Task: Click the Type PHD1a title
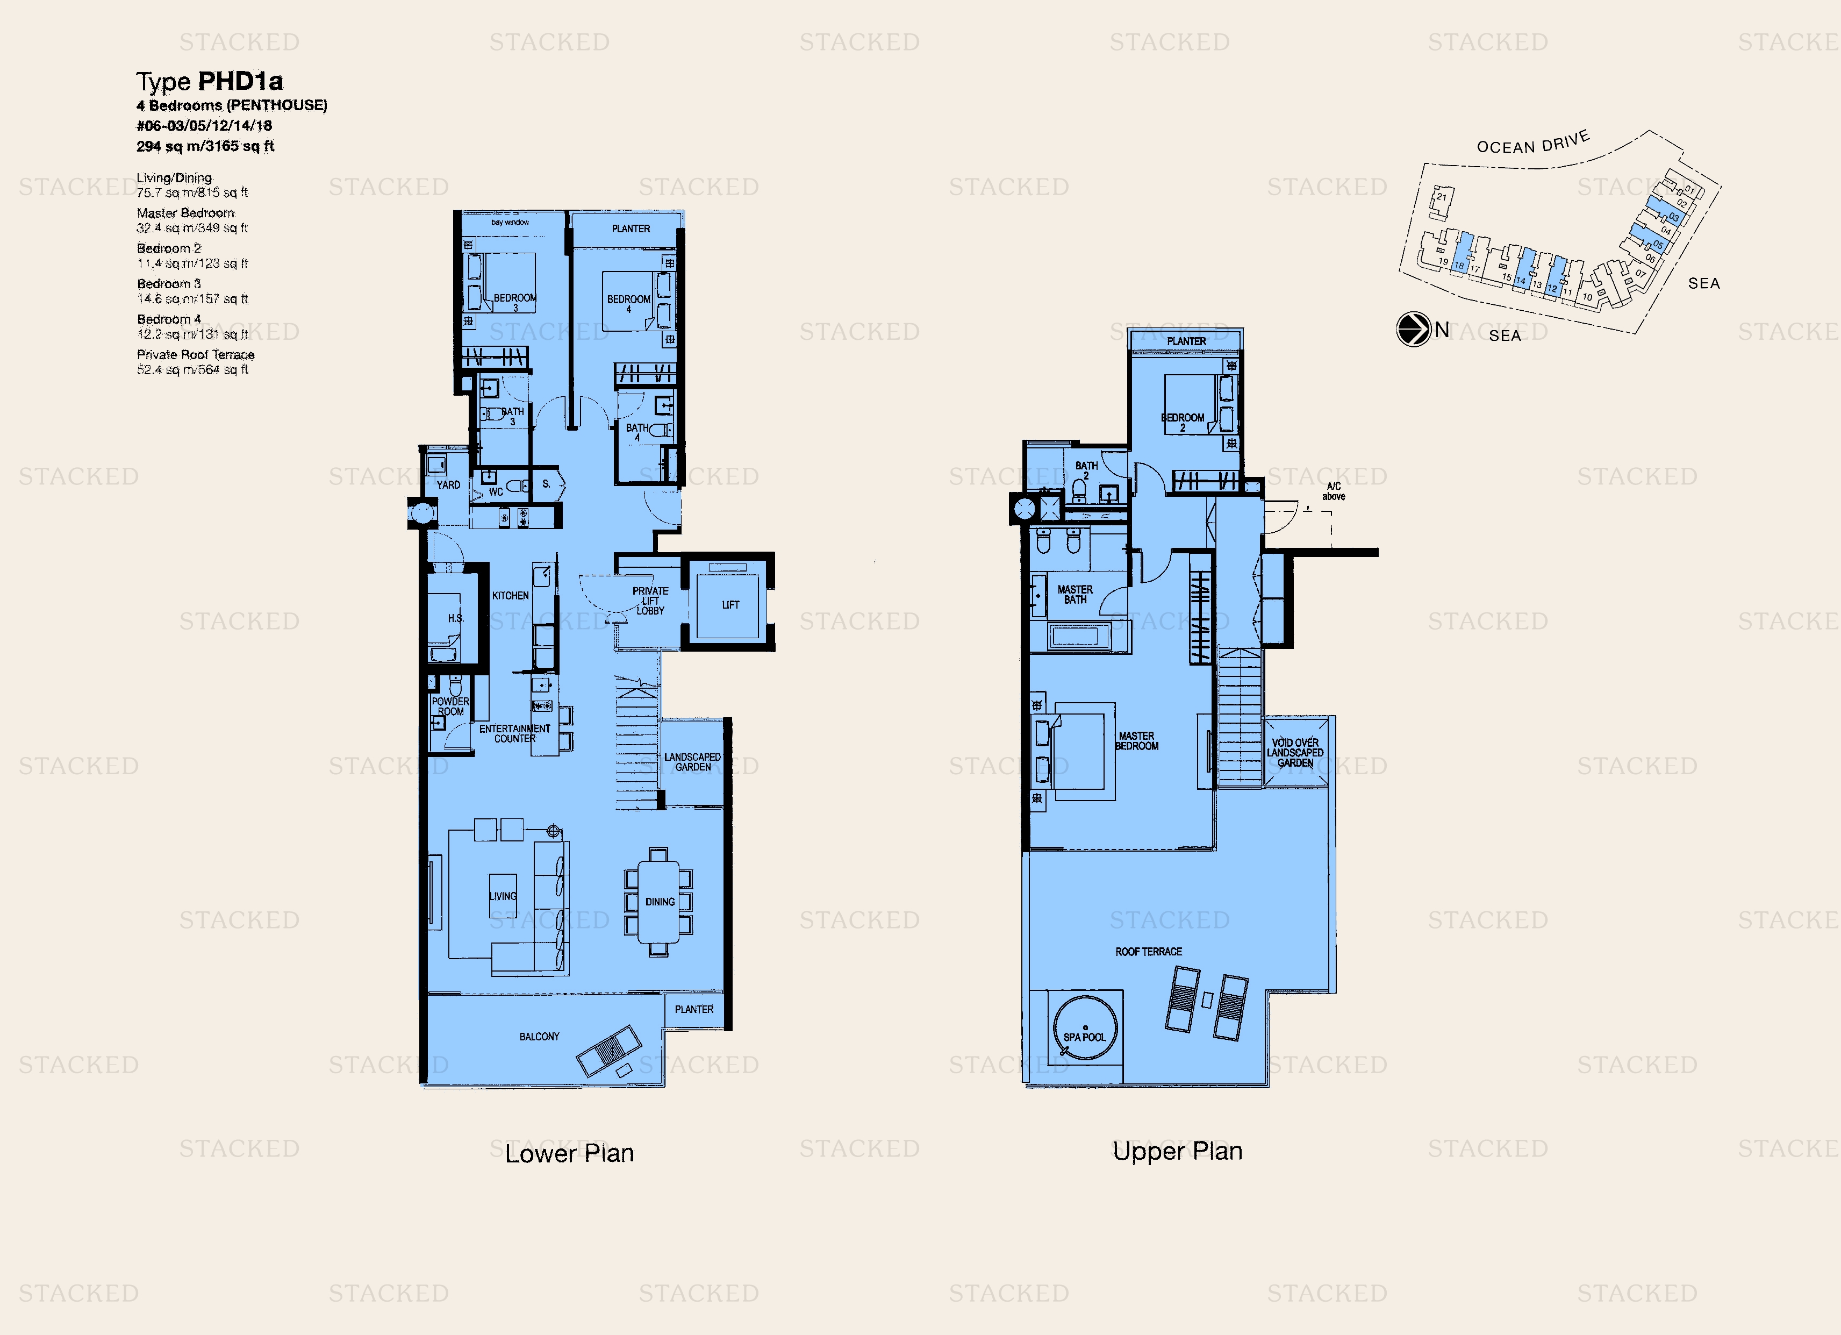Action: pos(210,81)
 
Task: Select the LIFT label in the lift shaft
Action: pos(730,605)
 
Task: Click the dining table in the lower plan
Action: pos(658,901)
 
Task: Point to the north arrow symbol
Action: pos(1413,330)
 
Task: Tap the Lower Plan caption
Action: pos(569,1153)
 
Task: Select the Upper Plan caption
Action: pos(1177,1151)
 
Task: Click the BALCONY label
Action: pos(539,1037)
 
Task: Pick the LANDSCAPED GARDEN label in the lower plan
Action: pos(692,762)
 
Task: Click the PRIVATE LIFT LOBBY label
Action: pos(650,601)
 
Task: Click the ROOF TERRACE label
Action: pos(1148,952)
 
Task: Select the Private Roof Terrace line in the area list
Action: pos(195,355)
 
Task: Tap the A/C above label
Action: pos(1333,491)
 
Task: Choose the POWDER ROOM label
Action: pos(450,705)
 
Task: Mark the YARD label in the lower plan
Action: pos(448,485)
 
